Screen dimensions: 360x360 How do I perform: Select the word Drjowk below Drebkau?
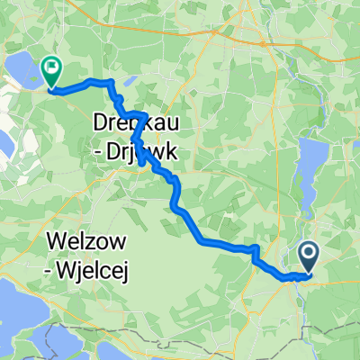point(146,154)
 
